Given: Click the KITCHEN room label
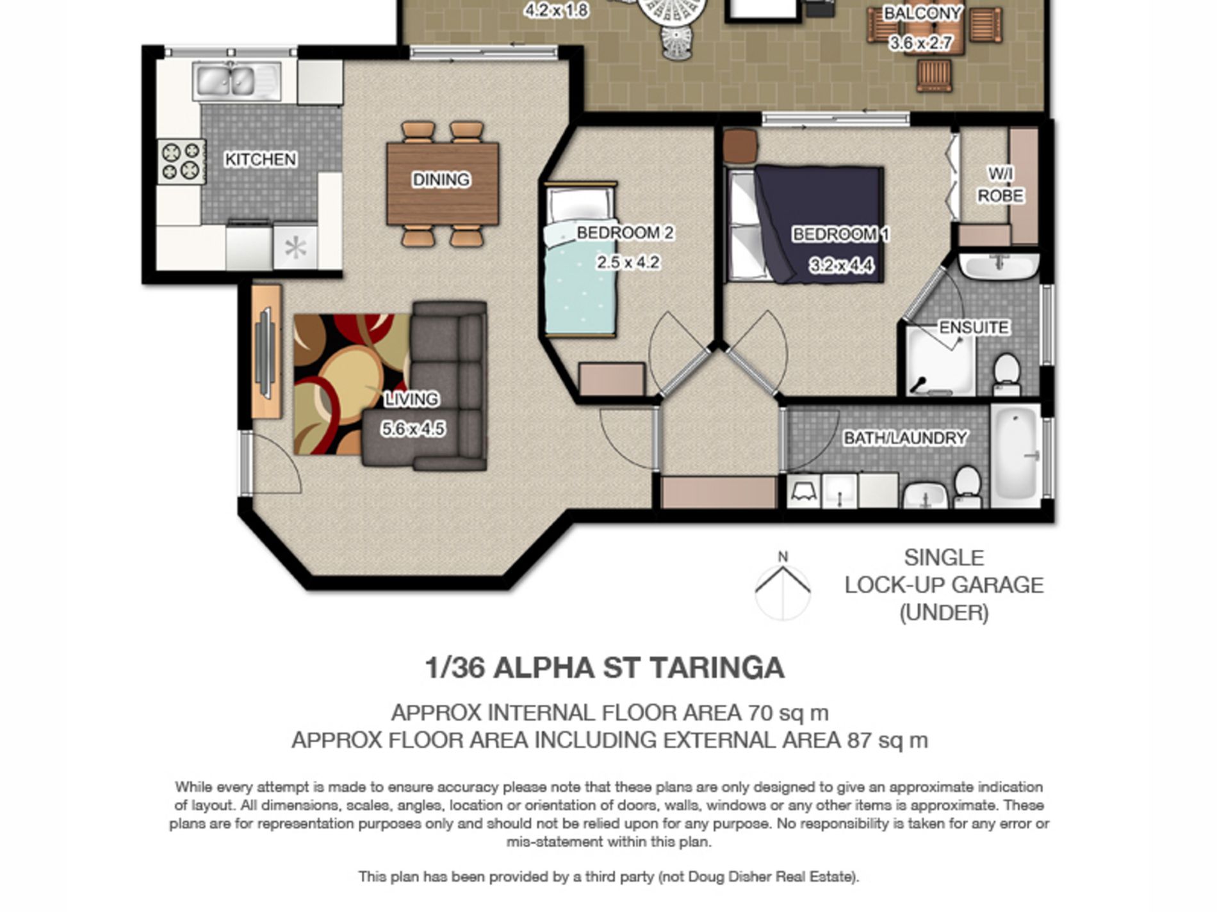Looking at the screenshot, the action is (x=260, y=159).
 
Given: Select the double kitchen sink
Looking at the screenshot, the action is (x=236, y=81).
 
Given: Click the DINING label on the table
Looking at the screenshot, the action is (x=441, y=180).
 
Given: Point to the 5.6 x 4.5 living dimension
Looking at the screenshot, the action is (x=412, y=429).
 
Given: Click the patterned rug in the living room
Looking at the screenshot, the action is (x=352, y=384).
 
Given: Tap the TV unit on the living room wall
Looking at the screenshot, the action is (x=266, y=351).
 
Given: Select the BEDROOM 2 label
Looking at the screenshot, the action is (x=625, y=233).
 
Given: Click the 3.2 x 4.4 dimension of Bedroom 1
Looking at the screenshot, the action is (x=841, y=265).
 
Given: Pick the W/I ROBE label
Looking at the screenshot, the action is (x=1000, y=184).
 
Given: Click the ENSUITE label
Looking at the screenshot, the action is (x=974, y=328).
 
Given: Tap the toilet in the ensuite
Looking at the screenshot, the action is (x=1007, y=375).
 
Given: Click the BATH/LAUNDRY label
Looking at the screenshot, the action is (x=905, y=438).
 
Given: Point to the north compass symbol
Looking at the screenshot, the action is (x=783, y=586).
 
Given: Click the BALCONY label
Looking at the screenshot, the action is (x=922, y=13).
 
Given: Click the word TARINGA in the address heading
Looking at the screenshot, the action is (x=717, y=668).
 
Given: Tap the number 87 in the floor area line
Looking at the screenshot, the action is (x=859, y=740).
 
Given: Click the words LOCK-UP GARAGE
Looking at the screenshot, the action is (x=944, y=585).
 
